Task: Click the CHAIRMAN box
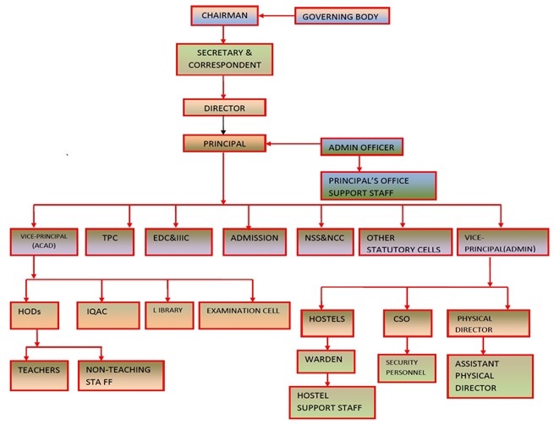(223, 15)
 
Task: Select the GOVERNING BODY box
(342, 16)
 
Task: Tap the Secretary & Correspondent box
(224, 58)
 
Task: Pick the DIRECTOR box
(224, 108)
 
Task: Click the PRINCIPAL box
(224, 143)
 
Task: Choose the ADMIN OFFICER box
(360, 146)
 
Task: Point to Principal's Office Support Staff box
(378, 185)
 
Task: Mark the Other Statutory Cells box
(402, 242)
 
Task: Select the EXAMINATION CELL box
(243, 314)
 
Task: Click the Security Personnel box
(408, 366)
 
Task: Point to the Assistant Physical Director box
(490, 375)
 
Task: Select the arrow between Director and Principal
(224, 125)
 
